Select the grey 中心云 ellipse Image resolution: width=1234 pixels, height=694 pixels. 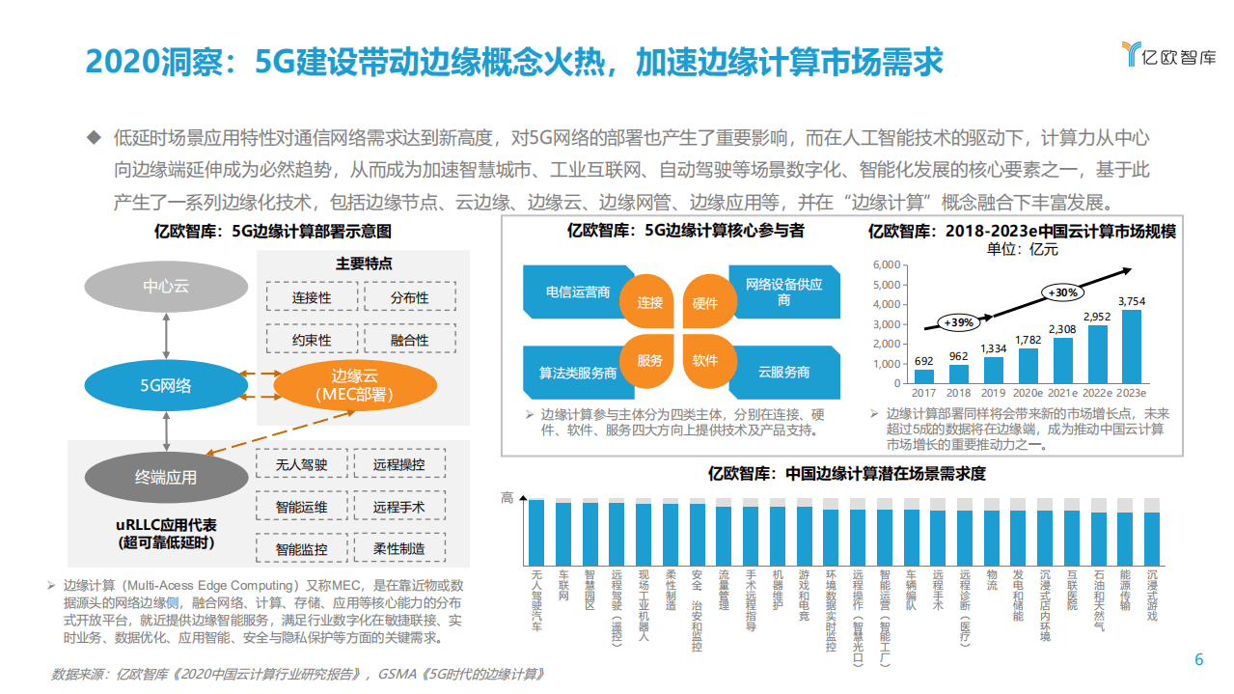click(x=166, y=286)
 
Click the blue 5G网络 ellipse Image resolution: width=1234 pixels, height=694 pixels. click(x=166, y=385)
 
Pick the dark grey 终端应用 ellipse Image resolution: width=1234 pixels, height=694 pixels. click(x=166, y=477)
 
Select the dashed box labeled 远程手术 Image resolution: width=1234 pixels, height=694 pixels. click(x=399, y=507)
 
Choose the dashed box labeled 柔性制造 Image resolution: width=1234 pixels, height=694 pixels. click(x=399, y=548)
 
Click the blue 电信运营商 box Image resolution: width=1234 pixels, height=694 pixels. click(x=577, y=291)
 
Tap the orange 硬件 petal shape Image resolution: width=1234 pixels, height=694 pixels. click(x=705, y=302)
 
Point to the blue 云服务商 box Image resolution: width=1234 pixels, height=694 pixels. click(x=783, y=372)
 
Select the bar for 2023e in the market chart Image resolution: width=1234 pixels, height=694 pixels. click(x=1131, y=347)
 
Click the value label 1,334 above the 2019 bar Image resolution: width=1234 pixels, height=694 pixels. click(x=994, y=348)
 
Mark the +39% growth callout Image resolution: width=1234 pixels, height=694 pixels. click(x=958, y=321)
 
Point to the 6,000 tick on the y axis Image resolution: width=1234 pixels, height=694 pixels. click(x=886, y=264)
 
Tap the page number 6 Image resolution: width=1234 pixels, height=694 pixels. click(x=1199, y=660)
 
